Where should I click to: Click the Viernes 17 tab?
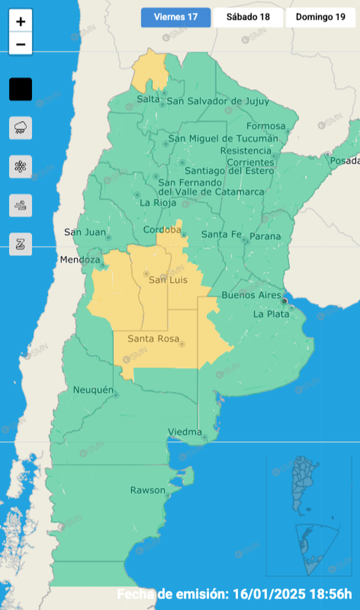[x=175, y=17]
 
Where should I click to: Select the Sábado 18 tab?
[x=248, y=17]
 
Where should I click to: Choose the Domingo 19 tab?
[x=320, y=17]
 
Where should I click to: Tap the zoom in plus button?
[x=21, y=22]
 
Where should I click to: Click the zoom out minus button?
[x=21, y=44]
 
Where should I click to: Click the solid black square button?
[x=21, y=89]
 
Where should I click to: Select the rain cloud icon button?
[x=21, y=127]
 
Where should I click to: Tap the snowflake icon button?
[x=21, y=166]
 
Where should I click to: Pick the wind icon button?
[x=21, y=205]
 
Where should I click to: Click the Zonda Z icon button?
[x=21, y=244]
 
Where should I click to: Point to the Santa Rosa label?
[x=149, y=339]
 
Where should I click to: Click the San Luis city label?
[x=168, y=280]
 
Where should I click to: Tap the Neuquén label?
[x=93, y=390]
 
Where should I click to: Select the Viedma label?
[x=185, y=432]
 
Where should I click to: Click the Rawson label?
[x=148, y=490]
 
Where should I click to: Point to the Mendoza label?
[x=80, y=260]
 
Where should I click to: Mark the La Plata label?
[x=271, y=314]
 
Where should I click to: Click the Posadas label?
[x=345, y=161]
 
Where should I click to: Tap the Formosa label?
[x=266, y=126]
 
